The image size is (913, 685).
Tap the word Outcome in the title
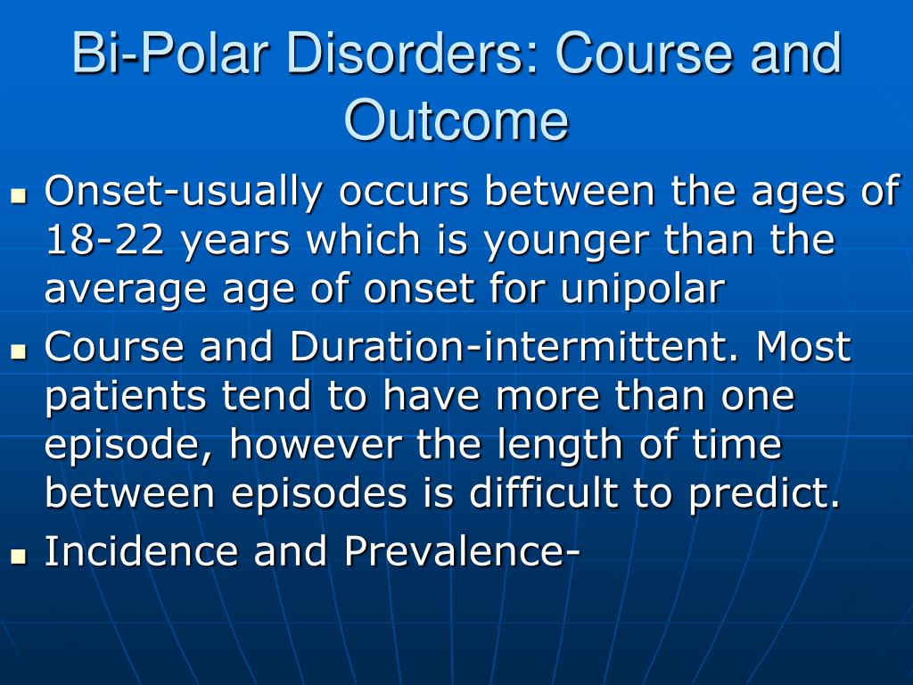click(x=456, y=120)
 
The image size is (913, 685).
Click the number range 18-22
click(x=105, y=240)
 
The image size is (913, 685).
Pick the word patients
click(x=126, y=398)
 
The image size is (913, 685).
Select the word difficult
click(x=544, y=492)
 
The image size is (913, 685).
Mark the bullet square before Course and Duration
click(x=20, y=351)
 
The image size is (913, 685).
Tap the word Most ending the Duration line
click(x=803, y=346)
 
